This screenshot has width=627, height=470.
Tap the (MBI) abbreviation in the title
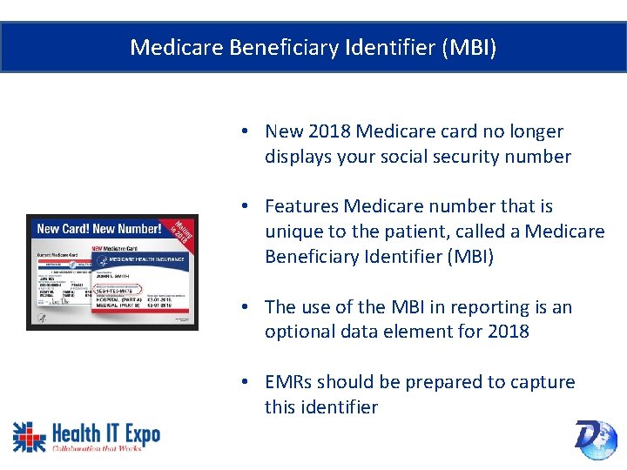469,47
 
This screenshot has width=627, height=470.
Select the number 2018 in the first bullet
327,131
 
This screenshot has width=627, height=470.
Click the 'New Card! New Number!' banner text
99,230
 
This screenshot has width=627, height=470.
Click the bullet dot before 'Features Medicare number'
247,206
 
